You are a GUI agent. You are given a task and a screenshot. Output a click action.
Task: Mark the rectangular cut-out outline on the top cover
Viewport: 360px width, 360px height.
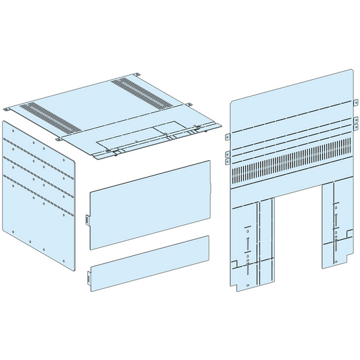click(168, 130)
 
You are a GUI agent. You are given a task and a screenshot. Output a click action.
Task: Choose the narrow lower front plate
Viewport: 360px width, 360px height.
click(150, 261)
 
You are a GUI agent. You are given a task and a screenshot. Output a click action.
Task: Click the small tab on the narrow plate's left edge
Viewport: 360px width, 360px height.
click(89, 277)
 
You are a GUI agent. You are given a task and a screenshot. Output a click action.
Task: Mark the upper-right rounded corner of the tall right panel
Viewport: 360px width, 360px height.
click(351, 71)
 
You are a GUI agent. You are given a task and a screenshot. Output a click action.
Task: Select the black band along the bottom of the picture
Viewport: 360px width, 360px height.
click(180, 328)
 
